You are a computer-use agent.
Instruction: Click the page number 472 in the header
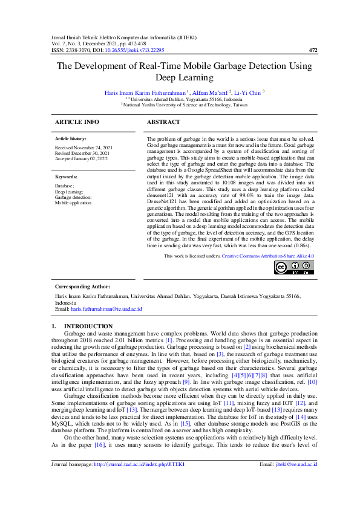click(x=313, y=50)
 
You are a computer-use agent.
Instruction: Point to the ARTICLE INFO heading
click(x=77, y=122)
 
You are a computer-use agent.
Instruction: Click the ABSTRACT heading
click(x=163, y=122)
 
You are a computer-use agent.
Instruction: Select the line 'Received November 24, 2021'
click(x=83, y=148)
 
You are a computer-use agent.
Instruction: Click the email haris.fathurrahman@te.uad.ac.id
click(x=106, y=308)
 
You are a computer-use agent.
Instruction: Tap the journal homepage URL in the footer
click(x=137, y=481)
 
